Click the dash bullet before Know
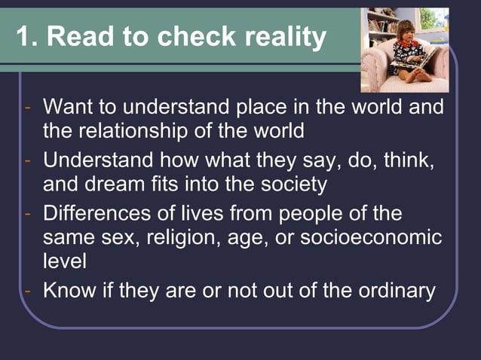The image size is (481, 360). pyautogui.click(x=28, y=291)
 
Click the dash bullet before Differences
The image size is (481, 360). pyautogui.click(x=28, y=213)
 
